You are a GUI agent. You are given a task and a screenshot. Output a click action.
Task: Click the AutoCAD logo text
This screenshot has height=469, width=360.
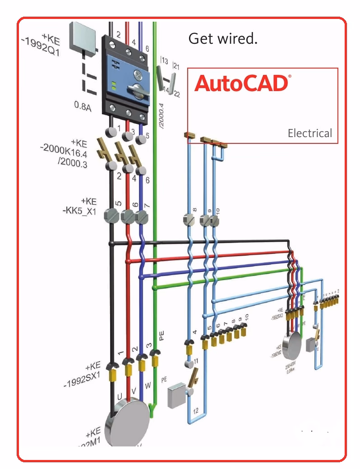tap(241, 84)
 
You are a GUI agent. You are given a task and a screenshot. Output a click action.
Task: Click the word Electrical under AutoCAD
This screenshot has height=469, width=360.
tap(309, 133)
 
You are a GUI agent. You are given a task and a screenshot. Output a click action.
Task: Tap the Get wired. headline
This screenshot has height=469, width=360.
tap(223, 39)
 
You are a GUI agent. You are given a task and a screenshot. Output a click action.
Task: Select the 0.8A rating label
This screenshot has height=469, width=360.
tap(83, 106)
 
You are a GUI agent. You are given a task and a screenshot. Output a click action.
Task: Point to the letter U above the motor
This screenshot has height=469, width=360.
tap(120, 397)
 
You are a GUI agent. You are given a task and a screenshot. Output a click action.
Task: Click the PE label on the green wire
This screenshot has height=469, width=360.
tap(162, 336)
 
